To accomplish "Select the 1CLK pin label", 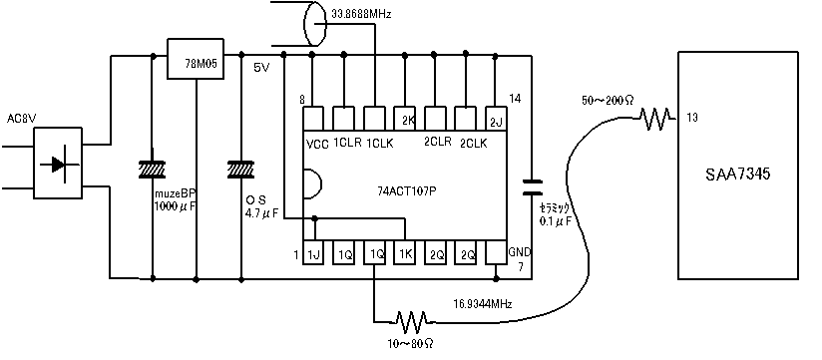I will (x=378, y=144).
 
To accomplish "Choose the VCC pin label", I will (x=318, y=144).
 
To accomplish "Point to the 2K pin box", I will (x=406, y=119).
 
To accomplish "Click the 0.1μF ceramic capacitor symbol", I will (x=532, y=185).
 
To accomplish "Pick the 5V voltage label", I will (x=261, y=68).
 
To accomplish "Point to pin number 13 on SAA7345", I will (x=692, y=119).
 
